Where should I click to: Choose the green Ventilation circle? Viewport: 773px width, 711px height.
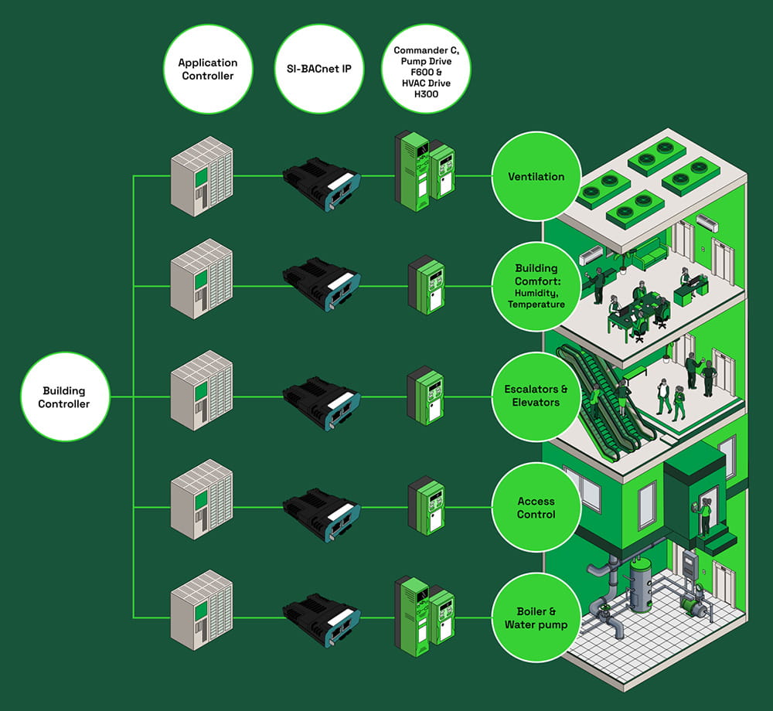point(536,177)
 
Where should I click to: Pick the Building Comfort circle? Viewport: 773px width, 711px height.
point(536,286)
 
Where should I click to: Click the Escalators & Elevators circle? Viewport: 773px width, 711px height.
point(536,396)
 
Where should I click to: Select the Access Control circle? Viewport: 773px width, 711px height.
point(536,508)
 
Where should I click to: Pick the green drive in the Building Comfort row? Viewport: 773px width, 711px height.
point(427,287)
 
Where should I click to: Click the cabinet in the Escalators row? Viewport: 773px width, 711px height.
point(202,396)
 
